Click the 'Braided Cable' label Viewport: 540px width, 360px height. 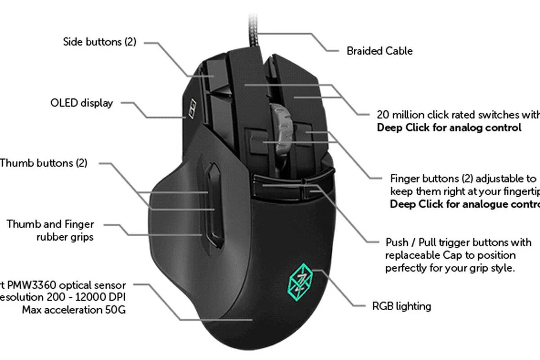pos(379,51)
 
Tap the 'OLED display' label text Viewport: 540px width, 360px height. pos(81,103)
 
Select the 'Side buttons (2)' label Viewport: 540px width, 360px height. pos(99,42)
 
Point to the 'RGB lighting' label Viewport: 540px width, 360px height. pos(401,306)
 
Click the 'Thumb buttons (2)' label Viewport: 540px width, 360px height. pos(44,163)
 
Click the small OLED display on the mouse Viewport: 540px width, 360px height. pos(192,108)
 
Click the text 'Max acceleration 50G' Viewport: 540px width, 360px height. pos(74,310)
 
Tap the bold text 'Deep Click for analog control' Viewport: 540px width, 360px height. pos(449,127)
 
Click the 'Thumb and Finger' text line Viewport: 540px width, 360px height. pos(50,224)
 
